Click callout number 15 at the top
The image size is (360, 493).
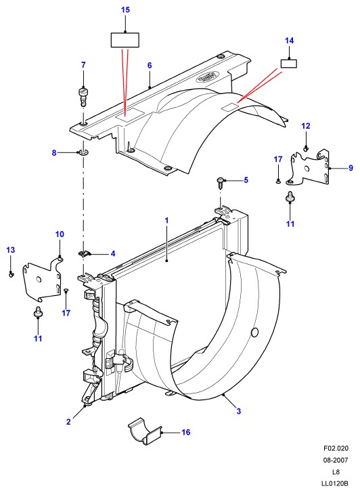125,9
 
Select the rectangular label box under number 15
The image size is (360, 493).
125,40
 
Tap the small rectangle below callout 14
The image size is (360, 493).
289,64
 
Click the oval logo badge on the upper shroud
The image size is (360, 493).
207,77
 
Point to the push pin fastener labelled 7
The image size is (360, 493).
83,96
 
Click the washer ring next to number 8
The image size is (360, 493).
83,153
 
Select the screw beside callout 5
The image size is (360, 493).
221,181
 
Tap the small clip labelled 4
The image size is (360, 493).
84,253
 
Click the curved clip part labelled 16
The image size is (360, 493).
145,431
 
